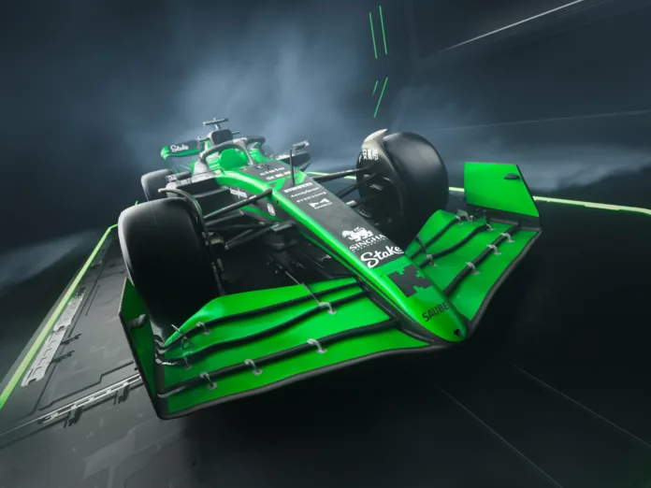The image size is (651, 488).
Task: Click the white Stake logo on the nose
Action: point(382,254)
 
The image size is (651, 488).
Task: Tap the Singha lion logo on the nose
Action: point(363,236)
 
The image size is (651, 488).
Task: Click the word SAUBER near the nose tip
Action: point(435,310)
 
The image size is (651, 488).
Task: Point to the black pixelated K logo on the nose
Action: point(411,280)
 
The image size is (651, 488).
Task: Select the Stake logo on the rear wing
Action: point(179,148)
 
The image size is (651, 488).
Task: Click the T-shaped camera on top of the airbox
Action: point(216,122)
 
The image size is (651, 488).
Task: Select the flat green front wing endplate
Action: point(500,192)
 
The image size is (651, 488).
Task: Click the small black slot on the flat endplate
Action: point(511,177)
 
